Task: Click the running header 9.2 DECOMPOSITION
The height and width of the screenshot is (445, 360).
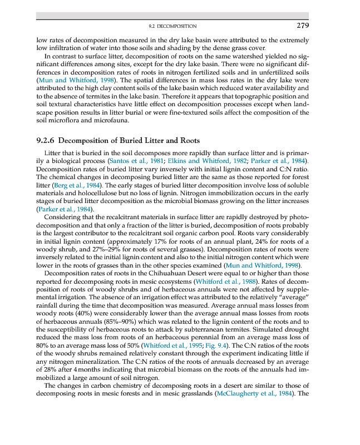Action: [172, 26]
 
